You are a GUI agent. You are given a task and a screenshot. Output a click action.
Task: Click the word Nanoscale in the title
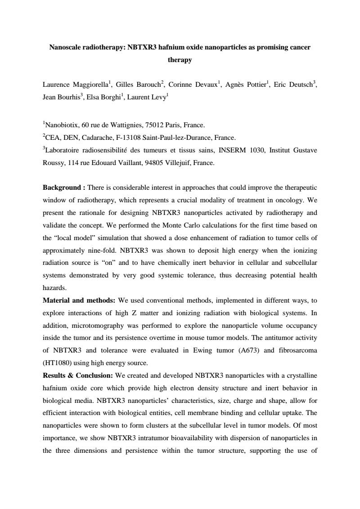coord(66,47)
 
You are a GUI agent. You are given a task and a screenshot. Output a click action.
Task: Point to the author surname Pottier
coord(255,85)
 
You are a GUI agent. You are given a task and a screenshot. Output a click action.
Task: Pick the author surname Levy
coord(157,96)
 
